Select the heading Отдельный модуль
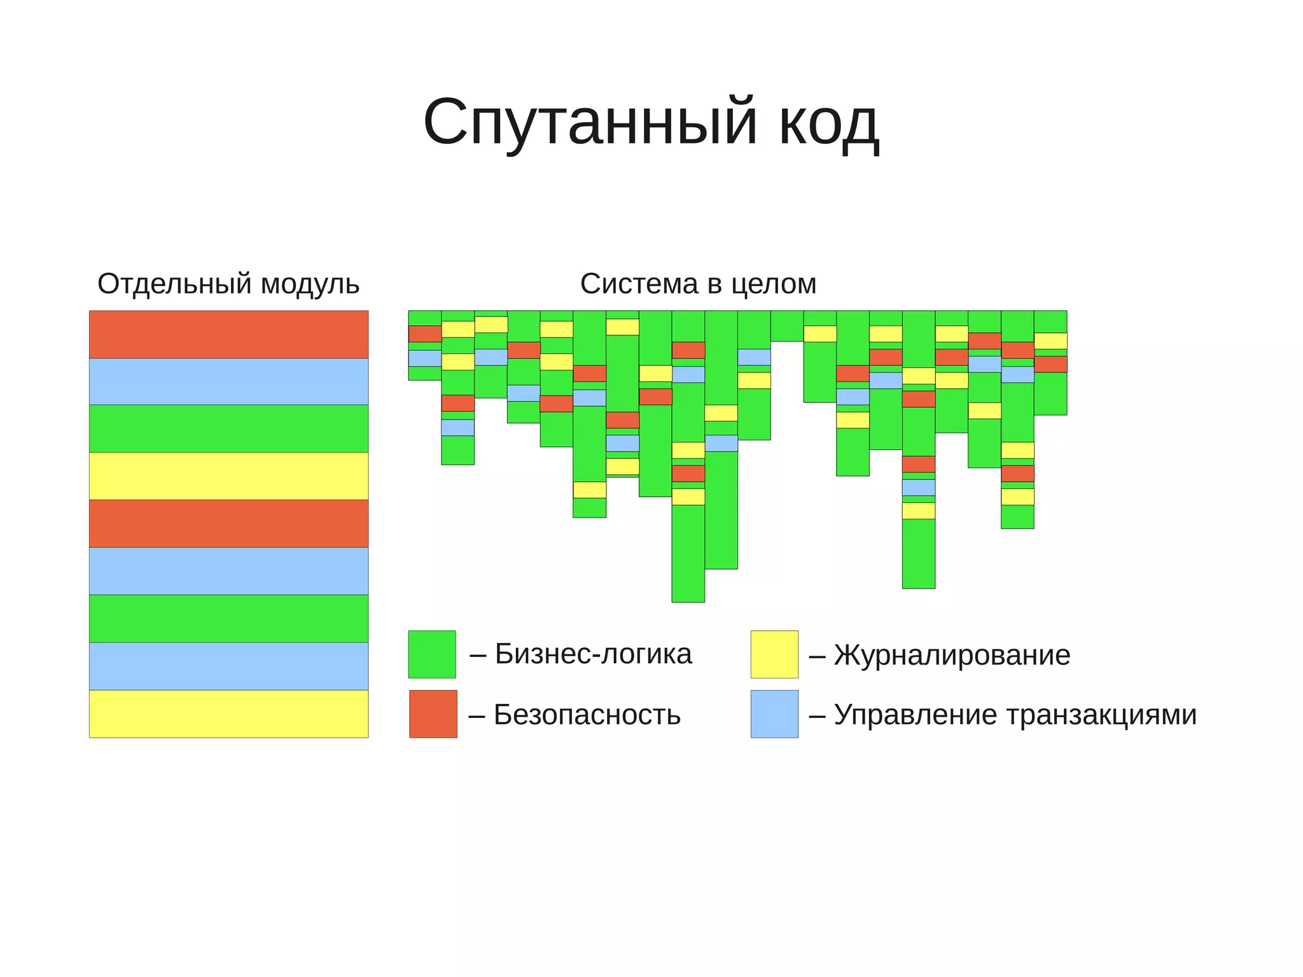(x=228, y=284)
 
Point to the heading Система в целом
(x=698, y=284)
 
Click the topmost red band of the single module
(x=228, y=334)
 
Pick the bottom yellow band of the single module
(x=228, y=713)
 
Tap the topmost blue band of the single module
(x=228, y=381)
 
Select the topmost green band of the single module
(x=228, y=428)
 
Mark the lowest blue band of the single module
(x=228, y=666)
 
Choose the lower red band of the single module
(x=228, y=523)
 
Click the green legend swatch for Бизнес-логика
(x=432, y=654)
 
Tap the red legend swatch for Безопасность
(x=433, y=713)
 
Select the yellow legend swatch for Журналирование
(x=774, y=654)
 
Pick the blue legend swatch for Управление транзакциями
(x=774, y=713)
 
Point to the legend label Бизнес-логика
(x=593, y=654)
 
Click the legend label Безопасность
(x=587, y=715)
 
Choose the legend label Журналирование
(x=952, y=656)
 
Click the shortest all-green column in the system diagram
(x=786, y=326)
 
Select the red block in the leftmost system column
(x=424, y=334)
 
